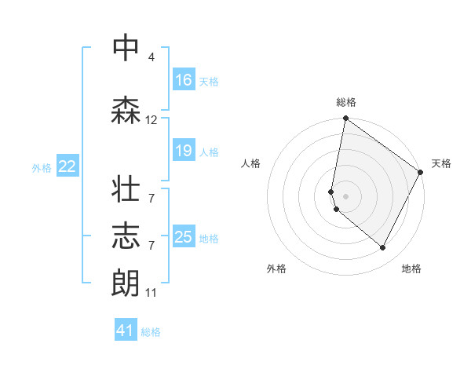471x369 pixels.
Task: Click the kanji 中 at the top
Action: click(126, 48)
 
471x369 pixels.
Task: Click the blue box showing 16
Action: click(184, 80)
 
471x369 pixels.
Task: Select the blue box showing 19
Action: click(184, 151)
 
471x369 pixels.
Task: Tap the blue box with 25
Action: click(184, 237)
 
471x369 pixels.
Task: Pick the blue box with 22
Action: click(68, 166)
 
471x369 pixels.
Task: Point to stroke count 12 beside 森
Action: click(152, 120)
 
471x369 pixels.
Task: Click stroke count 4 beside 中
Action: click(151, 57)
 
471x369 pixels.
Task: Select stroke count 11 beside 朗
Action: click(152, 293)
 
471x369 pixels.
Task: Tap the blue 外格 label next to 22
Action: click(42, 167)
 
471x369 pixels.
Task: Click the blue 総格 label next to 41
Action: click(151, 332)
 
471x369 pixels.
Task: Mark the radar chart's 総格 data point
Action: click(345, 119)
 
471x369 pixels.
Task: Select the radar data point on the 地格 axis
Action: click(383, 248)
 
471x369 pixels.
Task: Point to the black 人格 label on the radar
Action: click(251, 163)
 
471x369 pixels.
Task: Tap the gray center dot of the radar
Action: click(345, 195)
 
